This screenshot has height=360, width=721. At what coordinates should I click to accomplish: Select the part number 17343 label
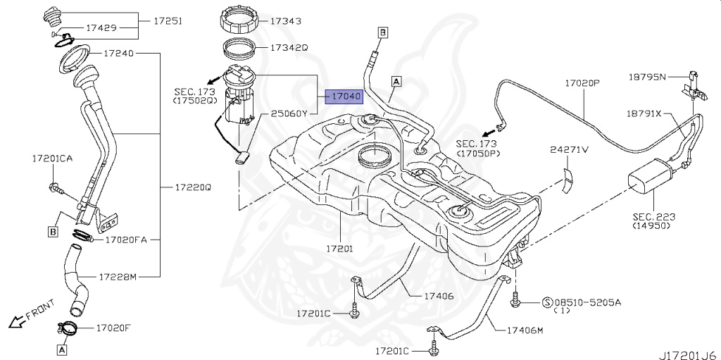[285, 21]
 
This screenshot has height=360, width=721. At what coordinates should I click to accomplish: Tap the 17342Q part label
[288, 49]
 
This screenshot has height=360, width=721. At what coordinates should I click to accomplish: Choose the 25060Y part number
[289, 114]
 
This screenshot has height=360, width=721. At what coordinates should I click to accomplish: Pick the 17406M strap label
[525, 329]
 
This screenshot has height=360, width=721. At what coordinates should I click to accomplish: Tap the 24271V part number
[570, 149]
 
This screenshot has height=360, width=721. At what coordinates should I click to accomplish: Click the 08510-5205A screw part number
[589, 302]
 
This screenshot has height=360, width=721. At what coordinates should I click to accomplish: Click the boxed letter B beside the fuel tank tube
[383, 32]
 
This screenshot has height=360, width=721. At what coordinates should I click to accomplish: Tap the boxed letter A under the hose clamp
[61, 349]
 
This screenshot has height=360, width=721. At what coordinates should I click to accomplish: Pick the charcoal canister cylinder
[651, 174]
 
